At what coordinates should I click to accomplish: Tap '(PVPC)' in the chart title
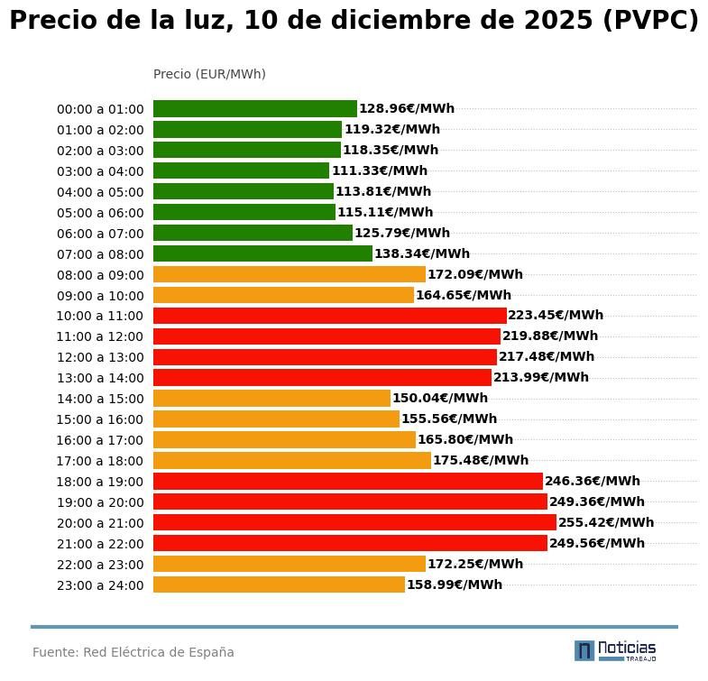point(649,22)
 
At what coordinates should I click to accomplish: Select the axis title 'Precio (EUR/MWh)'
point(209,74)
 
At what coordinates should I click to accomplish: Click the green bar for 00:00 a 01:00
point(254,109)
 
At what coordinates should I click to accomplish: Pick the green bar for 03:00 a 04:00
point(241,171)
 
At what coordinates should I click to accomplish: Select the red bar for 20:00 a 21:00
point(354,523)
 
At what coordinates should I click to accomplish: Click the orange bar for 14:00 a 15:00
point(271,399)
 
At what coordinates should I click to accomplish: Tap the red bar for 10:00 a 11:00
point(329,316)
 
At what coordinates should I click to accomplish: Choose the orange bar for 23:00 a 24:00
point(279,585)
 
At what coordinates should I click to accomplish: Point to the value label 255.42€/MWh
point(606,523)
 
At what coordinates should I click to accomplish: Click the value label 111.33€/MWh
point(379,171)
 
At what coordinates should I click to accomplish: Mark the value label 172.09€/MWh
point(474,275)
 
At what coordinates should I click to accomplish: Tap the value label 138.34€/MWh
point(421,254)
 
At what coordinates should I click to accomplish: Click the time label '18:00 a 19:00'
point(100,482)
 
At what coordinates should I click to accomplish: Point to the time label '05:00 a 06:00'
point(100,213)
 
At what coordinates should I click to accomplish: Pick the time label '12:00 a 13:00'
point(100,357)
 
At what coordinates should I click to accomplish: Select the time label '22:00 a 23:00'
point(100,565)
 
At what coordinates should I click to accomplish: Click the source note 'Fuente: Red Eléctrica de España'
point(133,652)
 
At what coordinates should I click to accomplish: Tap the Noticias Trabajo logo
point(615,650)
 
